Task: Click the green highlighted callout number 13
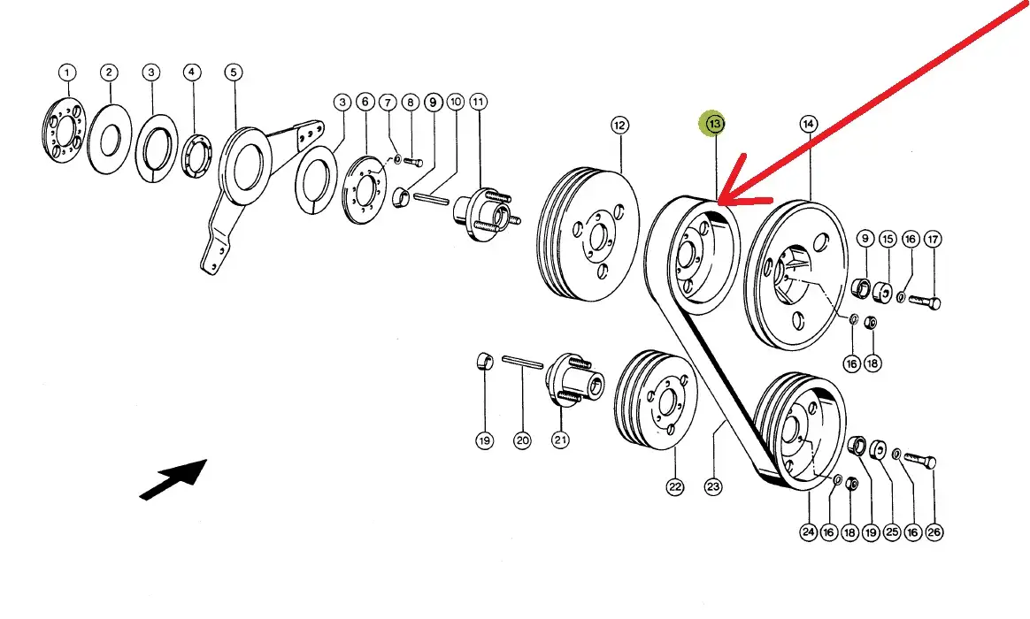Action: click(714, 123)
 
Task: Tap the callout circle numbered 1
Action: click(67, 73)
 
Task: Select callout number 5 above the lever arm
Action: click(234, 73)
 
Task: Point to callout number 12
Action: click(619, 125)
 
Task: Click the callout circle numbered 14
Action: click(809, 124)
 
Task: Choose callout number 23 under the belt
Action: click(713, 486)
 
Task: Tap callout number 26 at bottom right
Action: click(934, 532)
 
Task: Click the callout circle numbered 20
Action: click(522, 439)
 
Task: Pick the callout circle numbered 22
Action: click(674, 486)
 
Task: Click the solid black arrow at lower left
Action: click(173, 479)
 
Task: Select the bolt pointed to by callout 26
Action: click(920, 460)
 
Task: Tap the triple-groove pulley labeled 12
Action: click(588, 234)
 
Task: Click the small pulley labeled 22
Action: click(656, 401)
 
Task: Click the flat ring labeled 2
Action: click(110, 139)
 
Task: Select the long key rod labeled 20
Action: click(523, 362)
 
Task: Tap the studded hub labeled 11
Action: click(486, 208)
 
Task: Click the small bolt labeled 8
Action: click(412, 162)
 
